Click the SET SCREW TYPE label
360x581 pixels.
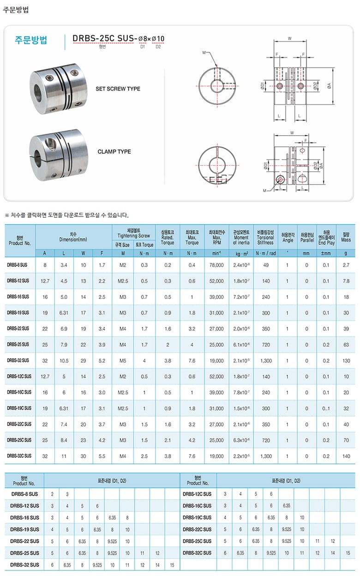(x=118, y=89)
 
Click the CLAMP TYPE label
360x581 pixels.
(x=114, y=151)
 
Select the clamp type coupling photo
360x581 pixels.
(x=59, y=155)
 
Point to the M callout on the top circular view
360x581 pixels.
(x=204, y=53)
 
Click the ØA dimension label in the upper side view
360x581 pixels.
(x=329, y=86)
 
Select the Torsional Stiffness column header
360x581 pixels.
(x=265, y=237)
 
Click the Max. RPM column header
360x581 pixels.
(x=216, y=237)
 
